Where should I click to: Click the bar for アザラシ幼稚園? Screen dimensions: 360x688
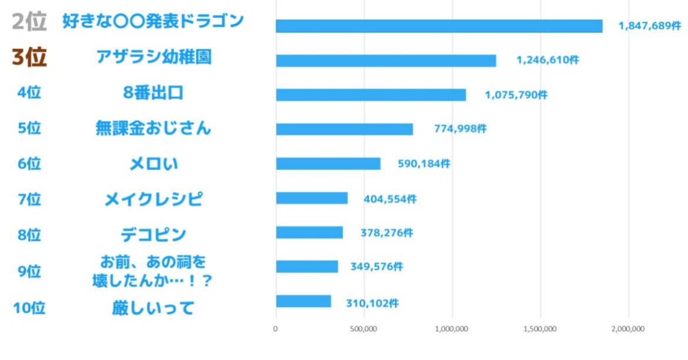[x=386, y=61]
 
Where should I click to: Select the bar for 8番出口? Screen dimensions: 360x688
[x=370, y=95]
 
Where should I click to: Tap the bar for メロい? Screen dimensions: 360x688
[x=328, y=164]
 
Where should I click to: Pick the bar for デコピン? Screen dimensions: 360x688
[x=309, y=232]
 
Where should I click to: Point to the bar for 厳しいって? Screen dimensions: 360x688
[x=303, y=301]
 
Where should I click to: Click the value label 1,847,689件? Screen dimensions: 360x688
[x=650, y=26]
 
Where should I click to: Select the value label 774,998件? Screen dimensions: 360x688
[x=460, y=129]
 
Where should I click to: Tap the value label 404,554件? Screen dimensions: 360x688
[x=390, y=199]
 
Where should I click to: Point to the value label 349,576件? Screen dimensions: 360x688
[x=376, y=267]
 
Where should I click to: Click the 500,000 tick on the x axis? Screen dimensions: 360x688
[x=364, y=329]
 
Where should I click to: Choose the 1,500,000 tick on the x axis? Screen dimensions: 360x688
[x=540, y=329]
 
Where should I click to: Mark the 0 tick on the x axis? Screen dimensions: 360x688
[x=276, y=329]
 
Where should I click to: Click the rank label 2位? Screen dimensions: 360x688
[x=29, y=22]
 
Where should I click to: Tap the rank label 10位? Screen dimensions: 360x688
[x=29, y=308]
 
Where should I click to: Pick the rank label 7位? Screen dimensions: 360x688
[x=29, y=199]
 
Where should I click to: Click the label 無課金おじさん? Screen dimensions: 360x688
[x=153, y=128]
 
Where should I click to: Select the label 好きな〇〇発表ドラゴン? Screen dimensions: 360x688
[x=153, y=22]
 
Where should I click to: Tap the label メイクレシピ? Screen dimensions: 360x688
[x=153, y=199]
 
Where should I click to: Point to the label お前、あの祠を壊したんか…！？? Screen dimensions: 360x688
[x=153, y=270]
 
